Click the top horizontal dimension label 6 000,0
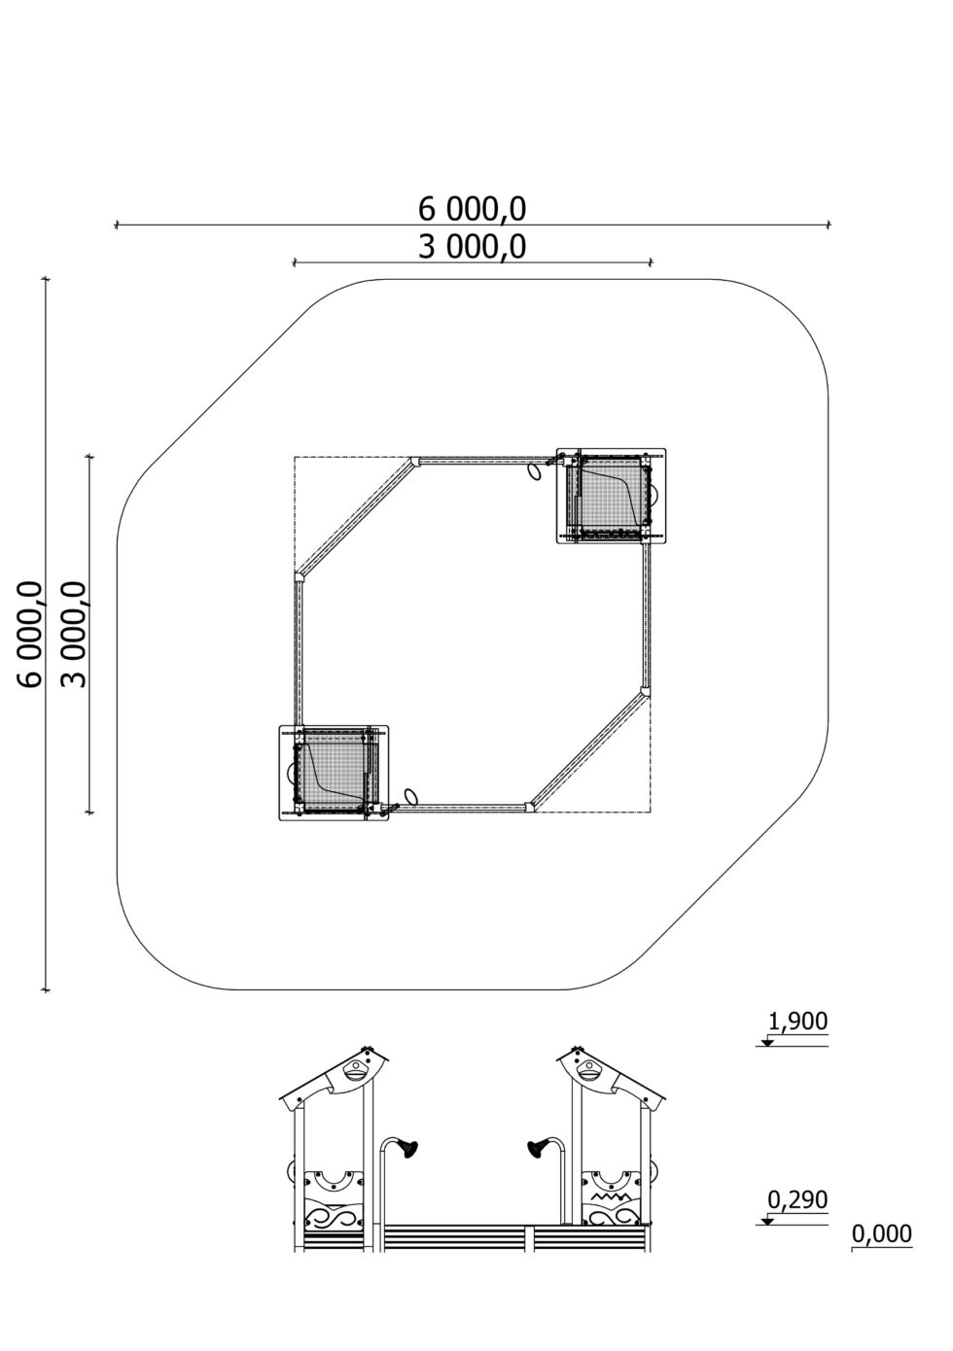tap(472, 209)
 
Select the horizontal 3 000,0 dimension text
tap(472, 247)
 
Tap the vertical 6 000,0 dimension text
tap(31, 634)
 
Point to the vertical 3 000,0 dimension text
tap(74, 634)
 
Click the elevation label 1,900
tap(797, 1022)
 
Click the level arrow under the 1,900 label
tap(767, 1041)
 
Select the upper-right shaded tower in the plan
tap(610, 496)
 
